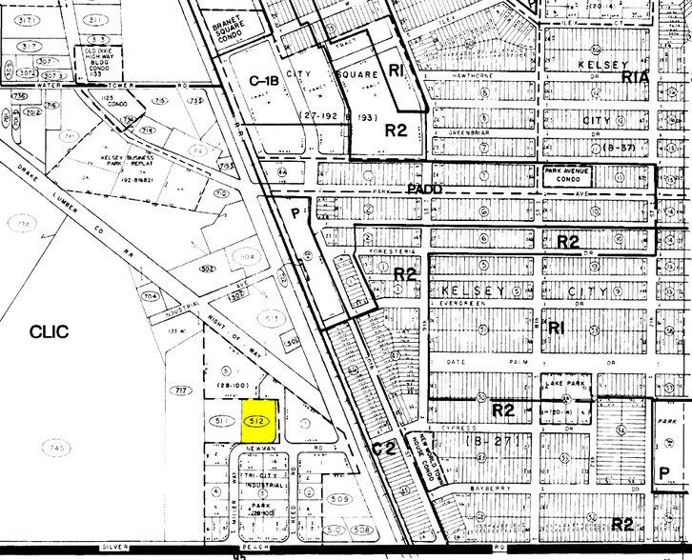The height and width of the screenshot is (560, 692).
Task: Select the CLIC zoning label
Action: click(x=50, y=331)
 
